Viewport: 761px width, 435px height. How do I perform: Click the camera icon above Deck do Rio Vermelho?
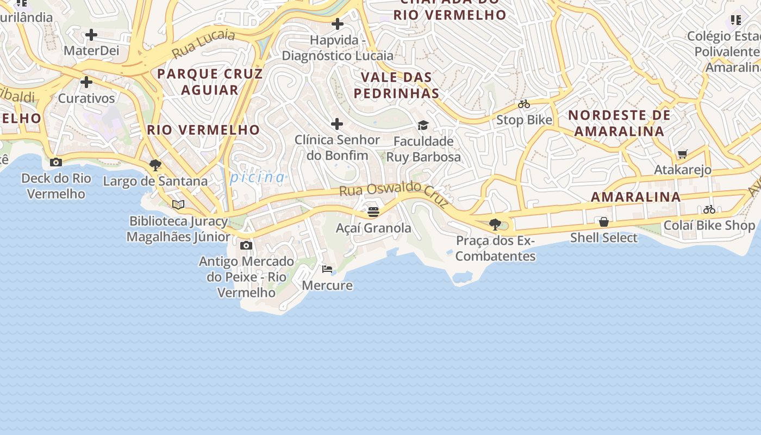click(x=55, y=162)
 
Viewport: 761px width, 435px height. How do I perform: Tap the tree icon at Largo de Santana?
click(x=155, y=165)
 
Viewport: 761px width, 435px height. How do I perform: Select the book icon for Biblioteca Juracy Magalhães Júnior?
click(x=178, y=205)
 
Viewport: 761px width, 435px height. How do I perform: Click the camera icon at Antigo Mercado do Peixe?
click(x=246, y=245)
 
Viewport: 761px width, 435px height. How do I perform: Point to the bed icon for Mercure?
click(x=327, y=269)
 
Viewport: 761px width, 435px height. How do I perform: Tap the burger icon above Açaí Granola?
click(x=373, y=212)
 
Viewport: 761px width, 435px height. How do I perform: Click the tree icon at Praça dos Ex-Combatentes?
click(x=495, y=224)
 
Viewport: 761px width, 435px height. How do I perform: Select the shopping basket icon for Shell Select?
click(x=603, y=222)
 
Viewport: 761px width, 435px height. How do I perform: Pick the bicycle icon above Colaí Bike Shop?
click(x=709, y=209)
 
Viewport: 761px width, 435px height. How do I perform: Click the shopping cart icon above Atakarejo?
click(x=683, y=154)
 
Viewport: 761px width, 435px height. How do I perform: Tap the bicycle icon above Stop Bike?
click(x=524, y=104)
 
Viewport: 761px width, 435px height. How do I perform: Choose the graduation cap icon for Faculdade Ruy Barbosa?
click(x=423, y=126)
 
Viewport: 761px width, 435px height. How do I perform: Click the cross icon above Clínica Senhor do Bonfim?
click(x=337, y=124)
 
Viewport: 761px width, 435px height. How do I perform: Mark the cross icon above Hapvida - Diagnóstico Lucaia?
click(x=338, y=24)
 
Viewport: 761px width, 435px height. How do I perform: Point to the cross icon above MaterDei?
click(x=91, y=35)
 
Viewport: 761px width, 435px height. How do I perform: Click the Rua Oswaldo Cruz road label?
click(x=394, y=195)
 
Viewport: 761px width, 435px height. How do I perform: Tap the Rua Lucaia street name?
click(x=204, y=43)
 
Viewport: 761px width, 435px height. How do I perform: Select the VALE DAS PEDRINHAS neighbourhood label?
click(x=396, y=85)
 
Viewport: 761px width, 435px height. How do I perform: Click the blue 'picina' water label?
click(x=258, y=177)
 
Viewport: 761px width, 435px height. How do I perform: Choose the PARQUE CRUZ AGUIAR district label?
click(x=210, y=82)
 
